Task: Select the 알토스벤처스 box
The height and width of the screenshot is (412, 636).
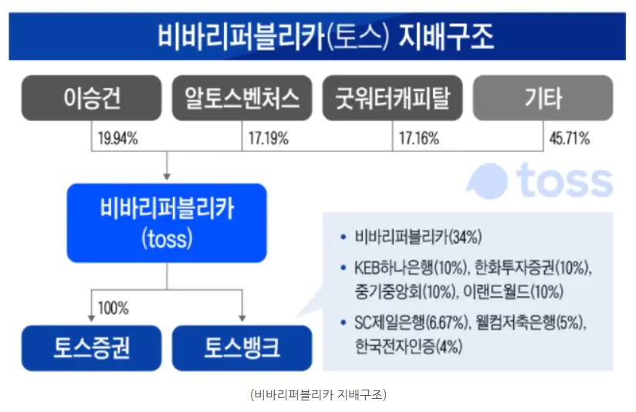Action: pos(242,98)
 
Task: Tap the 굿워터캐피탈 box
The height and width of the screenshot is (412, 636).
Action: pos(392,98)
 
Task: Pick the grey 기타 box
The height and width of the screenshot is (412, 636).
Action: pos(543,98)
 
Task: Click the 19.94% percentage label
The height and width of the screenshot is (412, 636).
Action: pos(117,140)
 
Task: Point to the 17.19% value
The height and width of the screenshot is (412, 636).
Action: pos(268,140)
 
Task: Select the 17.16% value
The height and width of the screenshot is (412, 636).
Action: pos(418,140)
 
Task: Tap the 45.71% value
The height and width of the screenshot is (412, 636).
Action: pos(569,140)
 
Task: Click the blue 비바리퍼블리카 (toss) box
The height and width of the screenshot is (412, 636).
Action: pos(167,223)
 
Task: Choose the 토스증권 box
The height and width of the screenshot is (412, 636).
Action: pos(92,347)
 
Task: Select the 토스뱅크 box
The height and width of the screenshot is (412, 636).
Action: pos(242,347)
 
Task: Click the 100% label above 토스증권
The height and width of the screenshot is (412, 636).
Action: pos(113,309)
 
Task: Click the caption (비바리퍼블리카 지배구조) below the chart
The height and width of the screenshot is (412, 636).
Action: pos(318,394)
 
